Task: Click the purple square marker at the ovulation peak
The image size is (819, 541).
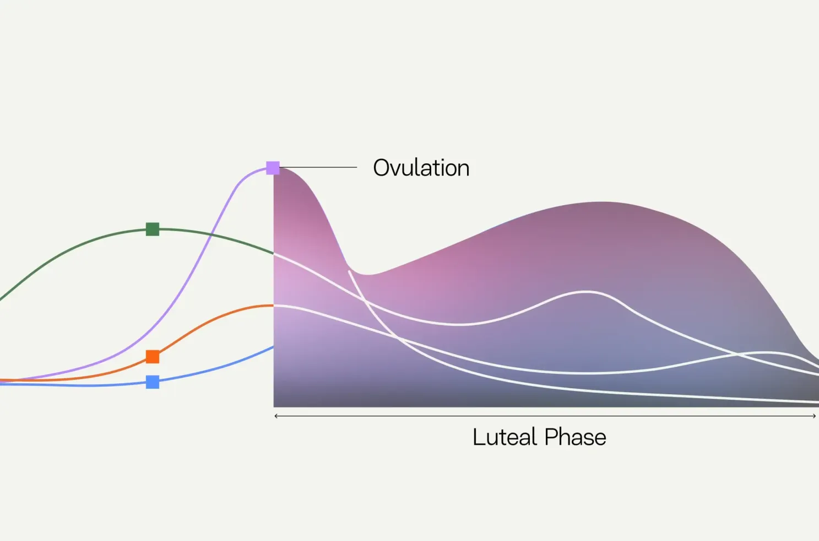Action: [273, 168]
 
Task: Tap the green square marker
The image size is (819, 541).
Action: [153, 229]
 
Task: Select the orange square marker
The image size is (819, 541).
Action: [153, 356]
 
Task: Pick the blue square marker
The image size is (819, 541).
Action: [153, 382]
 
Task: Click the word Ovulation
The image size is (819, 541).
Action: [421, 168]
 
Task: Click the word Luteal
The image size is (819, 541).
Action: [505, 437]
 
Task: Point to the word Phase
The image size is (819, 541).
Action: [575, 437]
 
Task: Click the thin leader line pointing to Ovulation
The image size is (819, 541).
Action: [318, 167]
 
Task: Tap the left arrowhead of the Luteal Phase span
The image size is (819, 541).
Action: [276, 416]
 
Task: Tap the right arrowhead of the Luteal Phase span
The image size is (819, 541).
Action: [814, 416]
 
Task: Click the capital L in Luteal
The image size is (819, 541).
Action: [479, 437]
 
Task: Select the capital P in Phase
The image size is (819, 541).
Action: [551, 437]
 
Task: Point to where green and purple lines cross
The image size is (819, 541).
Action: [211, 234]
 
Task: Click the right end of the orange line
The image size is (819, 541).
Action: [273, 306]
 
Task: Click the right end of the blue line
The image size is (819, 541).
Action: [273, 347]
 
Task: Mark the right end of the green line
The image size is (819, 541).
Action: [273, 253]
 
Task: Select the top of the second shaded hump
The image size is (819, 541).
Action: [603, 202]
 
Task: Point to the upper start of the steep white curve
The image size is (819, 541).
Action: [350, 271]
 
